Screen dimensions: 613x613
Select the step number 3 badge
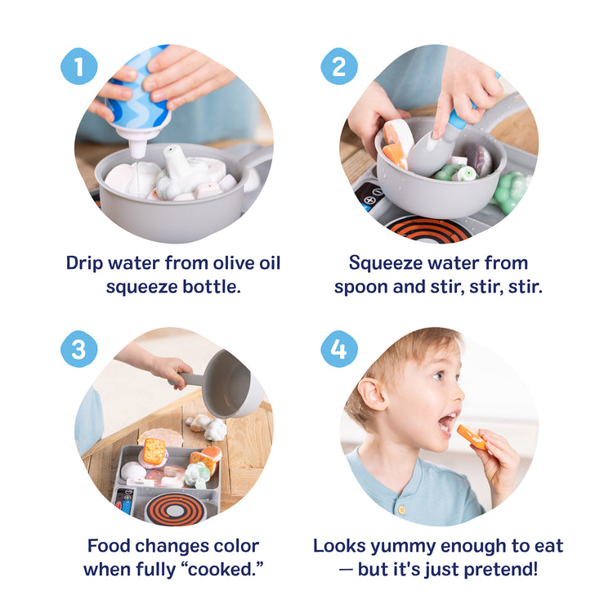click(x=79, y=349)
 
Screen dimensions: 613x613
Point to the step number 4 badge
click(x=339, y=349)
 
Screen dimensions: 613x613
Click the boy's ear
click(x=375, y=394)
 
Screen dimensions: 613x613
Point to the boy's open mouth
click(x=447, y=423)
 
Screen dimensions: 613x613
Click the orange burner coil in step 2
click(x=428, y=230)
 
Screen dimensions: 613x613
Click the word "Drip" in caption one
click(x=88, y=263)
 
